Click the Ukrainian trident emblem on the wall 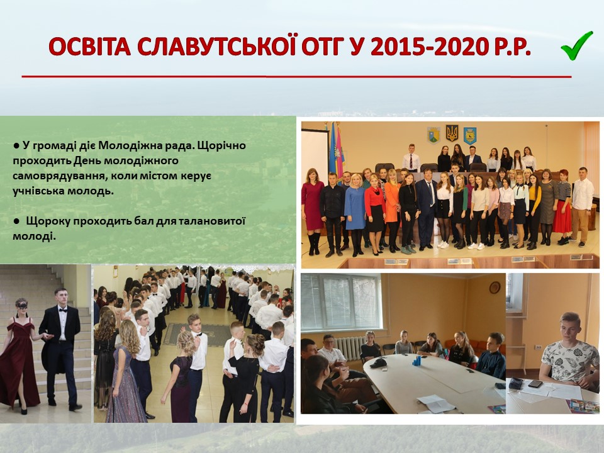pos(452,133)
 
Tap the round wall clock pos(495,287)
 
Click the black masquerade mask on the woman pos(23,306)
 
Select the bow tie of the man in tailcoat pos(62,310)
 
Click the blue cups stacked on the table pos(417,361)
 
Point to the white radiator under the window pos(349,348)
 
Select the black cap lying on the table pos(378,362)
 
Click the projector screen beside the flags pos(315,156)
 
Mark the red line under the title pos(296,77)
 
